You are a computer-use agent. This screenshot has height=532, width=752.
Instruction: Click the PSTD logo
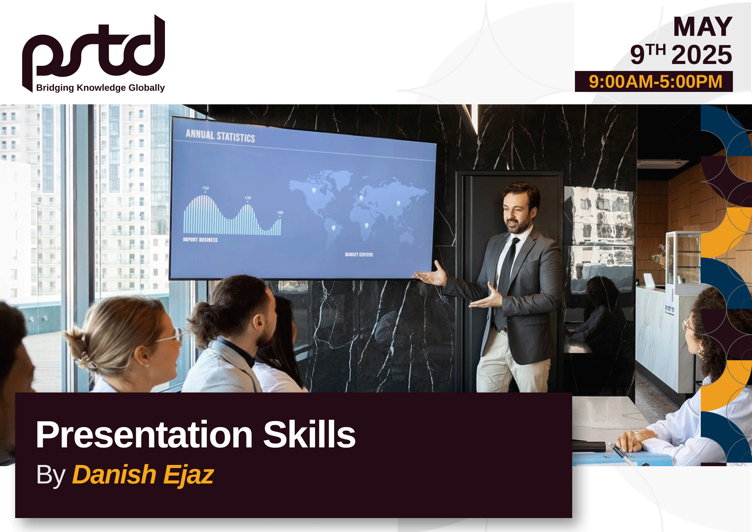(x=93, y=49)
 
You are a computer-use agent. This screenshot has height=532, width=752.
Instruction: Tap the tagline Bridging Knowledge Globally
(x=100, y=88)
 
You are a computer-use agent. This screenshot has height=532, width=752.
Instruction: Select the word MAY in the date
(x=703, y=27)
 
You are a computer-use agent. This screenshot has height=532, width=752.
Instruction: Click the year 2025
(x=702, y=55)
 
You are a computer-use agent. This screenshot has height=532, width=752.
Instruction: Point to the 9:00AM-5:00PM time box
(x=654, y=82)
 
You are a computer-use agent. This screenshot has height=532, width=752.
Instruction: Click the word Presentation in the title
(x=144, y=434)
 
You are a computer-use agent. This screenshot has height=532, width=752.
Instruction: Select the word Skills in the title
(x=309, y=434)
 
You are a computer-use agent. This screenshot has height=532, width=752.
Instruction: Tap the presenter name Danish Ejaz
(x=143, y=474)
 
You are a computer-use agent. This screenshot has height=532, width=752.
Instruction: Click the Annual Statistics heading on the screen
(x=220, y=136)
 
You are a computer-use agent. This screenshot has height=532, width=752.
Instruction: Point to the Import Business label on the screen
(x=200, y=240)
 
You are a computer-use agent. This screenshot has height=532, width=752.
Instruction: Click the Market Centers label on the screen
(x=359, y=254)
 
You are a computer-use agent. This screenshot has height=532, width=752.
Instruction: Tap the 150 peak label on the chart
(x=205, y=188)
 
